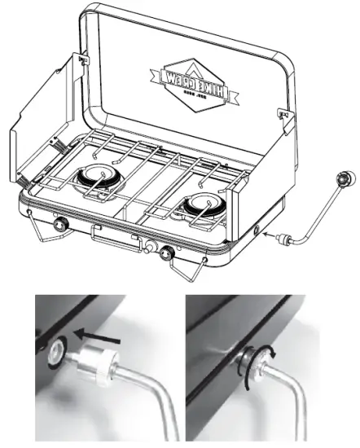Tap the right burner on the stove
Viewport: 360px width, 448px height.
pos(198,204)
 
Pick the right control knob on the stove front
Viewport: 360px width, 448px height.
pos(168,253)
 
